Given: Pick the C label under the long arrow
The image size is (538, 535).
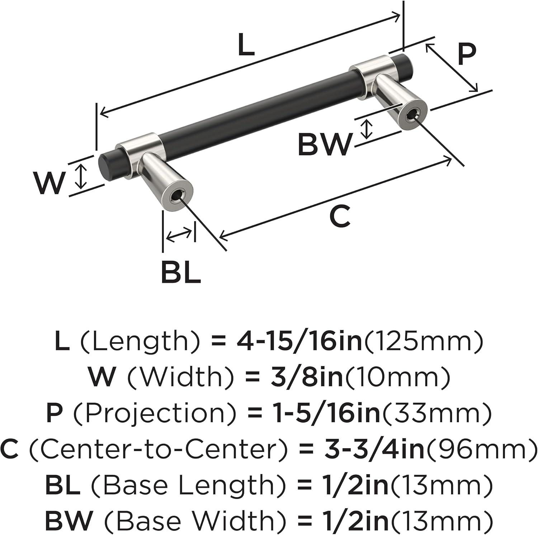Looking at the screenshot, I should (x=339, y=217).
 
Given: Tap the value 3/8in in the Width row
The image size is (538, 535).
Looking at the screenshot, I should (x=307, y=377).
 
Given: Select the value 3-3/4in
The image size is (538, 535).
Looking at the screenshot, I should (x=374, y=449).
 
